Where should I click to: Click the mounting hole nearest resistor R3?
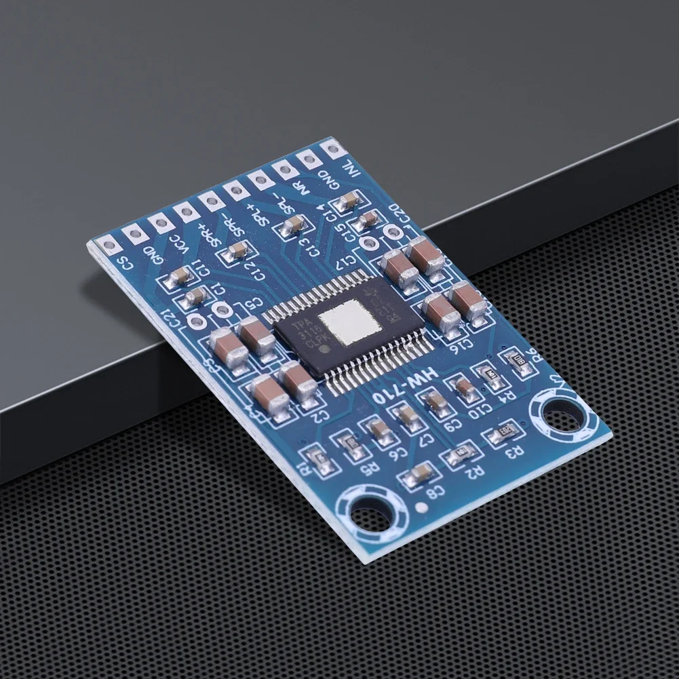(x=560, y=412)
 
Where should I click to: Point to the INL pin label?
(x=349, y=167)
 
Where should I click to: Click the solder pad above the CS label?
(x=108, y=243)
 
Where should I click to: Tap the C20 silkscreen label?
(x=400, y=212)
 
